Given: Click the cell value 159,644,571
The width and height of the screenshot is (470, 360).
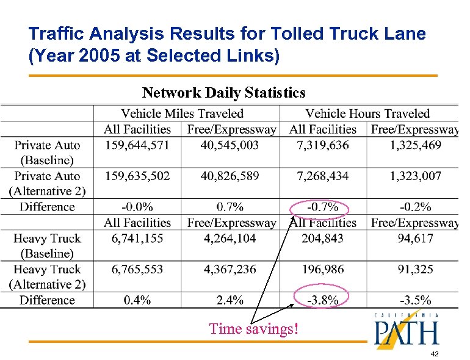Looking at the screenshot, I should pos(137,145).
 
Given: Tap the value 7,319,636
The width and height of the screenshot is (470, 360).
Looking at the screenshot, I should pos(323,145).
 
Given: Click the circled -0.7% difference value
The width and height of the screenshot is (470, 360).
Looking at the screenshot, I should pos(322,207).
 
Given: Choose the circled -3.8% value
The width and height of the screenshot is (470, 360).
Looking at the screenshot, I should pos(322,300).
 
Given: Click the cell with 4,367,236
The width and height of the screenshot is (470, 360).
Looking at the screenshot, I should pos(229,269).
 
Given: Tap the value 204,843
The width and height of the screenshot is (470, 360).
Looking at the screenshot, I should pos(322,239).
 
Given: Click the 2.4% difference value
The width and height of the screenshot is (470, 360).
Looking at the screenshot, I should pos(230,300).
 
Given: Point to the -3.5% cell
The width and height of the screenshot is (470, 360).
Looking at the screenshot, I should pos(416,300).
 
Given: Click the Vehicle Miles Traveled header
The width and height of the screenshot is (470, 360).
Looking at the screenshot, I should pos(183,113).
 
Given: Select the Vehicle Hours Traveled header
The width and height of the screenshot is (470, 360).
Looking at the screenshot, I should pos(367,113).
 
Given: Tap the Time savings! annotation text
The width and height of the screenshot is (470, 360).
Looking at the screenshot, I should pos(254,329).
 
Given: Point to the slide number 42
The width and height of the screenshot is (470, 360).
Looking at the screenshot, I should pos(435,354).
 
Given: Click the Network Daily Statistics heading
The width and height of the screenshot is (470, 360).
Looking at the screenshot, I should pos(223,93).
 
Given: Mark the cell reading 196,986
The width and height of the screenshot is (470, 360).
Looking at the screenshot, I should pos(322,269).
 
